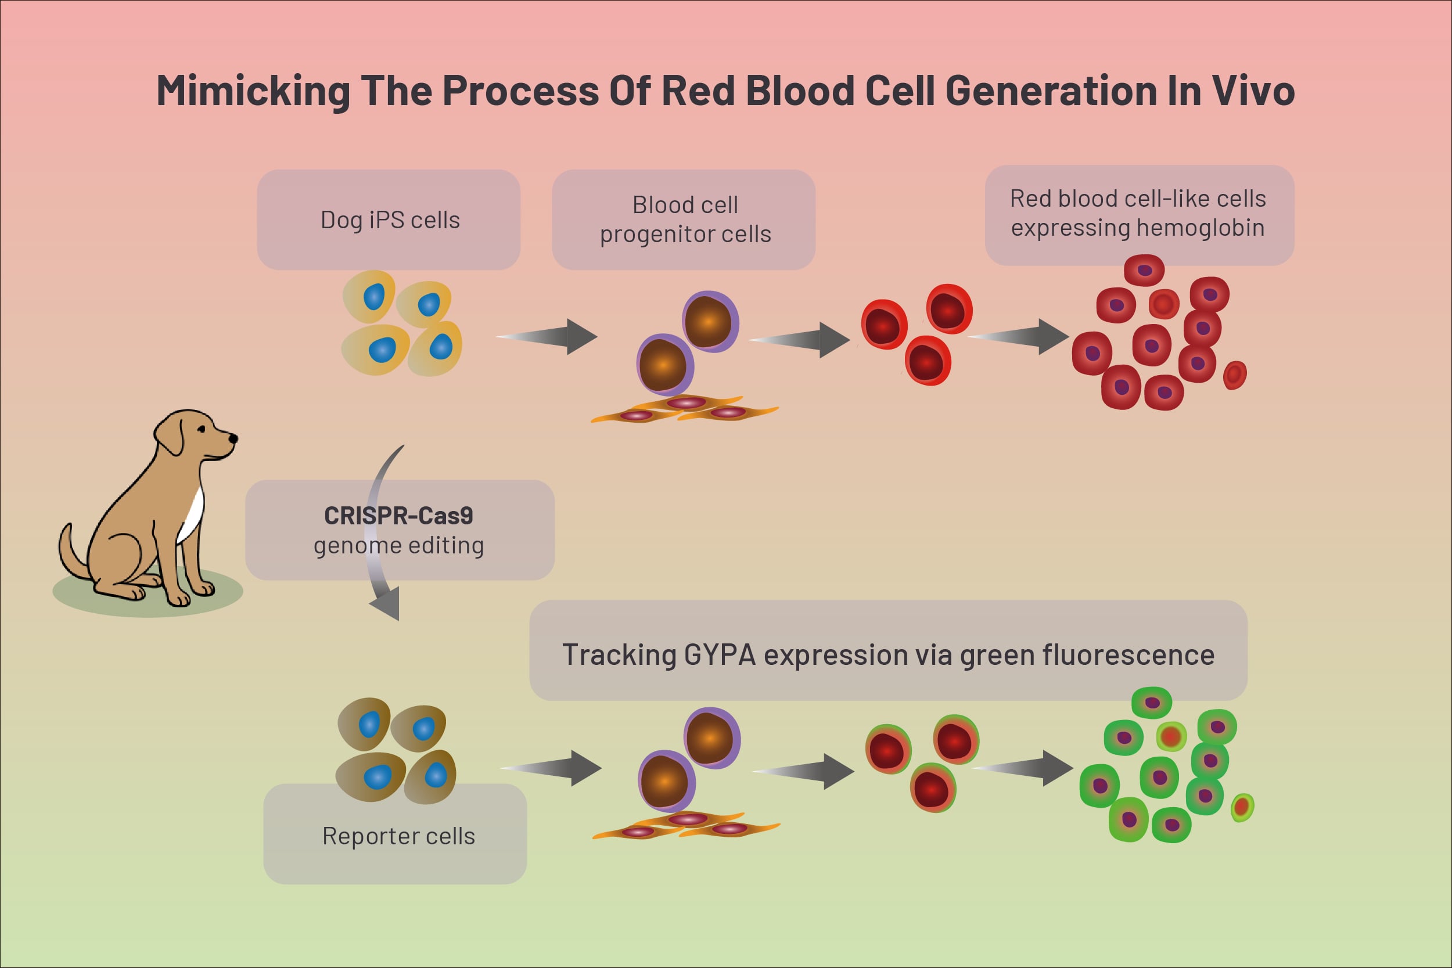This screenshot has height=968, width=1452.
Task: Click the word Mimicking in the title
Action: tap(254, 91)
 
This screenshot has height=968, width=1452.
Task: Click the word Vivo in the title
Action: tap(1253, 91)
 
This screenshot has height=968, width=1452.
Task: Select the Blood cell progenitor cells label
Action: tap(685, 219)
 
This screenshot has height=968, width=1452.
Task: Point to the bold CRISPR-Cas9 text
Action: tap(399, 516)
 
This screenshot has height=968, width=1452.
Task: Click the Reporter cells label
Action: tap(399, 836)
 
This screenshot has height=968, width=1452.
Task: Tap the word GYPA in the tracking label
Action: tap(720, 655)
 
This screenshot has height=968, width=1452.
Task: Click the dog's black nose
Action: tap(233, 438)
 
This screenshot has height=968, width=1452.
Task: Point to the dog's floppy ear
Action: tap(170, 436)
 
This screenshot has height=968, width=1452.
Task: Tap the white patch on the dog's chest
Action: tap(192, 516)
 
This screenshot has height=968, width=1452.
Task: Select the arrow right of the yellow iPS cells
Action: tap(547, 336)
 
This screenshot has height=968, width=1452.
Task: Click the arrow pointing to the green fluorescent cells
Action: tap(1022, 768)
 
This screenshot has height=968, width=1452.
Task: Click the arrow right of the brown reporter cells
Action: tap(551, 768)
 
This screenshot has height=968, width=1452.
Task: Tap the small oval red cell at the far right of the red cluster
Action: tap(1235, 375)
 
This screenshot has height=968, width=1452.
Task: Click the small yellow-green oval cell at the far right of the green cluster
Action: tap(1242, 808)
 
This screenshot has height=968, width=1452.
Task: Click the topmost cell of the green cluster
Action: tap(1152, 703)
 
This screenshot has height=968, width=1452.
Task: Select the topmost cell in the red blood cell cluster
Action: tap(1144, 271)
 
